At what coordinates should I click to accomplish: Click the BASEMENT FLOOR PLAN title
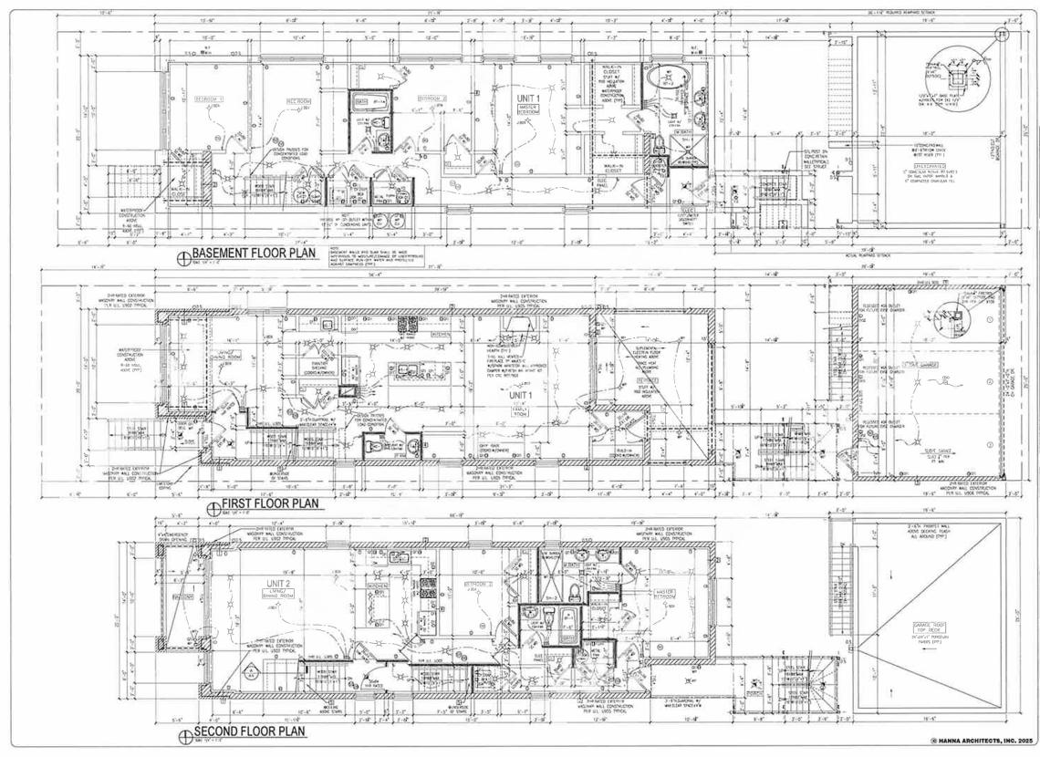(254, 254)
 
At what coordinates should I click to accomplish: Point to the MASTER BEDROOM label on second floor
(665, 594)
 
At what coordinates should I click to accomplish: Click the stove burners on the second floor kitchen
(428, 585)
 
